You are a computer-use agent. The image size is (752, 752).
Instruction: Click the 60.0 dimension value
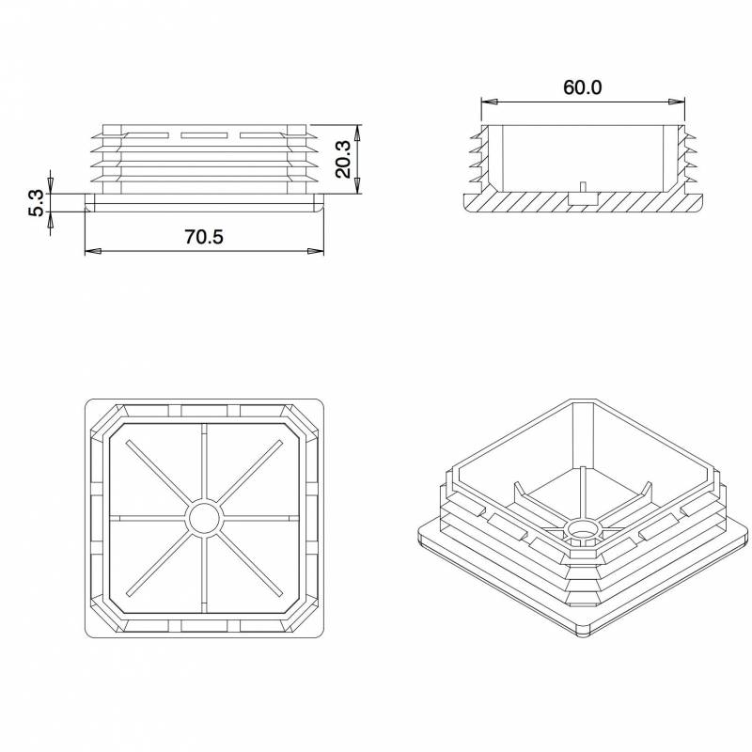pos(582,87)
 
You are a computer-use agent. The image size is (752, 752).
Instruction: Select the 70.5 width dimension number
pos(204,237)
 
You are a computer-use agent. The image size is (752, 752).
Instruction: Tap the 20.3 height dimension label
pos(343,159)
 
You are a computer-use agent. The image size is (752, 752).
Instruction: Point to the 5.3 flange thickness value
pos(36,203)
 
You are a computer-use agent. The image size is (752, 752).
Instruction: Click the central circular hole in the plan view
pos(204,518)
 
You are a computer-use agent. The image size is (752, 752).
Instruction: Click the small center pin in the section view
pos(583,187)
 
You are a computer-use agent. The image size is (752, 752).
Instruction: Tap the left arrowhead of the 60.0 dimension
pos(486,101)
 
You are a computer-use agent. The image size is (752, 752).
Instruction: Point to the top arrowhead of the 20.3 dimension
pos(357,130)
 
